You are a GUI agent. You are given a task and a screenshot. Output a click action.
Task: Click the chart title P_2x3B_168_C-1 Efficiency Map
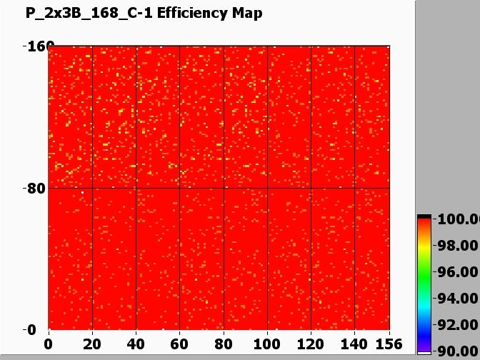point(144,14)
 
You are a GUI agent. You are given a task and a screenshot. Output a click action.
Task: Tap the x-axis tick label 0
point(49,344)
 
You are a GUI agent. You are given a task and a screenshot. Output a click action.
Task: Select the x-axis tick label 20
point(92,344)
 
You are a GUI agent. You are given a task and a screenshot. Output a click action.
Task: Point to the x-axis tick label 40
point(136,344)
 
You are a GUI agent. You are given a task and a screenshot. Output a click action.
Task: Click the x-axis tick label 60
point(180,344)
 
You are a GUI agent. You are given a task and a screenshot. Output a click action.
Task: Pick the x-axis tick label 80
point(224,344)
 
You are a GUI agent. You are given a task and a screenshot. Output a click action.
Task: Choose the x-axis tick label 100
point(267,344)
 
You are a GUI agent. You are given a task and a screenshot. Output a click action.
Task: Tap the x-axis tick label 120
point(311,344)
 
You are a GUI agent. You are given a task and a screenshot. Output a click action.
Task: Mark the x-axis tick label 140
point(354,344)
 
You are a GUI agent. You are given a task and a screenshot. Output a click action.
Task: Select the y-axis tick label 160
point(35,47)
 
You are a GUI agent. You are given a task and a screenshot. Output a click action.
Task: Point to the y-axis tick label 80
point(36,189)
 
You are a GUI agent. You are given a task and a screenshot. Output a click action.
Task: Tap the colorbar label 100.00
point(457,219)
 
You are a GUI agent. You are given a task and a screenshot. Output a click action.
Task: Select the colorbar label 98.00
point(457,246)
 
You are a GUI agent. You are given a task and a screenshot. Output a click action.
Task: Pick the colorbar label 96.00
point(457,272)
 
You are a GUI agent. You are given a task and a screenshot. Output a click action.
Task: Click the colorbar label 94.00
point(457,299)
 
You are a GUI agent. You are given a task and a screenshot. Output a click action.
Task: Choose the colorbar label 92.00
point(457,325)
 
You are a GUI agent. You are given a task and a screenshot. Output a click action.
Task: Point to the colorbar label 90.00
point(457,351)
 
